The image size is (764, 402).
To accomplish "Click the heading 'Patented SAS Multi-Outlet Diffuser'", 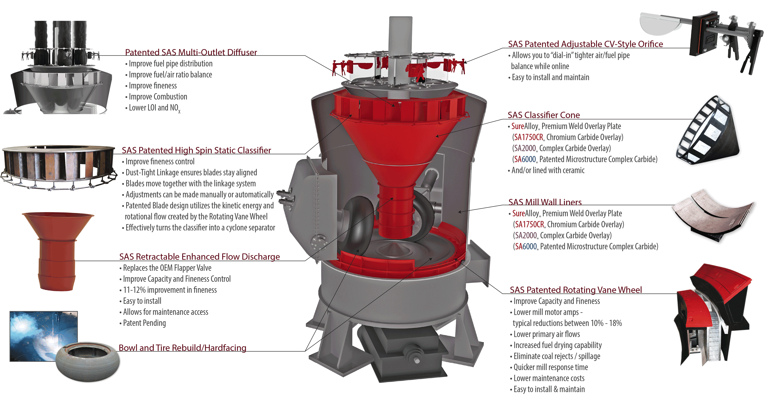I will coord(191,52).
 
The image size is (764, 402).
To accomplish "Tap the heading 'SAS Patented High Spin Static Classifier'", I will coord(196,150).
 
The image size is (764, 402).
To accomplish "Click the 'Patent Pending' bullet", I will coord(144,323).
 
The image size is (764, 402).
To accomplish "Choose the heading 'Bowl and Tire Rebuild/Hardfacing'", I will coord(182,348).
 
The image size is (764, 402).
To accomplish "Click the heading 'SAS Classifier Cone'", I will coord(543,115).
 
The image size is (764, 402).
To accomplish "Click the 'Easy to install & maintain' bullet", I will coord(549,389).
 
